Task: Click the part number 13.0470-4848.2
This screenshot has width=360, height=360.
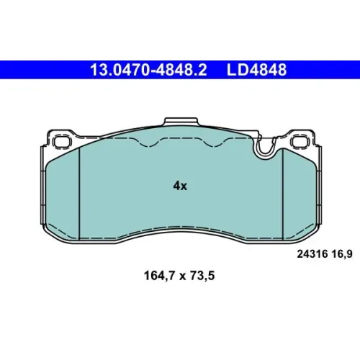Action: pyautogui.click(x=148, y=70)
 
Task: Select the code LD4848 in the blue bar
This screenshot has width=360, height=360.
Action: pyautogui.click(x=256, y=70)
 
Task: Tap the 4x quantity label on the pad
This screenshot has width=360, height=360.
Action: pyautogui.click(x=180, y=186)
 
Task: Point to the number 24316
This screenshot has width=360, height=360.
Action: pyautogui.click(x=312, y=254)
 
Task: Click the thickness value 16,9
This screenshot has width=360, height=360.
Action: pyautogui.click(x=342, y=254)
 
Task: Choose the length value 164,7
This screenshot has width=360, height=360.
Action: pyautogui.click(x=160, y=276)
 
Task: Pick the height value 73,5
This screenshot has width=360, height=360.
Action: pyautogui.click(x=202, y=276)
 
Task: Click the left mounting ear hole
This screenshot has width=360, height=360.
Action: pyautogui.click(x=63, y=141)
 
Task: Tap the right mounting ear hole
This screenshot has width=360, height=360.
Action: pyautogui.click(x=300, y=141)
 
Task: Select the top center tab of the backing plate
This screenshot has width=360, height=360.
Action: pyautogui.click(x=181, y=122)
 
